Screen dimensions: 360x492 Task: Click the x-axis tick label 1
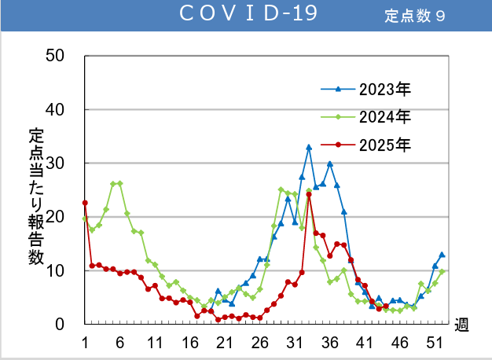tap(85, 343)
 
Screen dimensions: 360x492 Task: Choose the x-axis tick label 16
tap(189, 343)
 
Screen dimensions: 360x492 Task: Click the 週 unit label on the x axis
tap(461, 325)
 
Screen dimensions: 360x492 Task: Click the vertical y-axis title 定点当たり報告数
tap(36, 193)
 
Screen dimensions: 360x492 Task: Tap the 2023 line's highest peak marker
tap(309, 147)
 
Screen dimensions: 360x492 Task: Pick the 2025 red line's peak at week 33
tap(309, 194)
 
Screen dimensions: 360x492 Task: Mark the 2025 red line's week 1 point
tap(85, 203)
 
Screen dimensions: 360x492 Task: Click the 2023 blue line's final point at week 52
tap(442, 255)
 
